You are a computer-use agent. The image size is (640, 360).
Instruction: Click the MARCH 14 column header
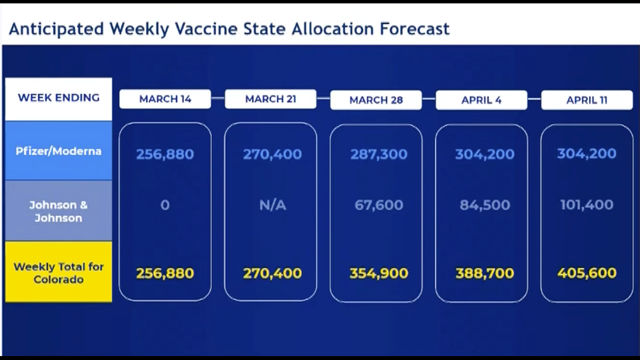click(x=165, y=99)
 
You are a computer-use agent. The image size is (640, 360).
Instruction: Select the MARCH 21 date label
click(x=270, y=99)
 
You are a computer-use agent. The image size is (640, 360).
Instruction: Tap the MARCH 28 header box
click(x=376, y=100)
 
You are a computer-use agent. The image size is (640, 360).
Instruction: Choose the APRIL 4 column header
click(x=481, y=100)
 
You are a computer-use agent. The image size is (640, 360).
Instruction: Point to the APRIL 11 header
click(x=587, y=100)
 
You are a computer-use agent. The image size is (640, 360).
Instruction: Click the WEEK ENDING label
click(x=59, y=98)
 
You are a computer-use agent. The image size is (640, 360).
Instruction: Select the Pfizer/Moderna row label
click(x=58, y=152)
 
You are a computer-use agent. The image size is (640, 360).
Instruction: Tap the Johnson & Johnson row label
click(x=58, y=211)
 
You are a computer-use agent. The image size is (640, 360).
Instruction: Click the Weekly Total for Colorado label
click(x=58, y=273)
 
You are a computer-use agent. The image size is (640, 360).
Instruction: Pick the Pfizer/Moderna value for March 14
click(x=165, y=154)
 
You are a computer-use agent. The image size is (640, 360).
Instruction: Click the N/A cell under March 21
click(x=273, y=205)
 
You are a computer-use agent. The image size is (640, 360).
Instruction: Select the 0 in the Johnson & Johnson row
click(x=165, y=205)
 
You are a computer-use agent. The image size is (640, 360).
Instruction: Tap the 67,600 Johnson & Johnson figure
click(x=379, y=205)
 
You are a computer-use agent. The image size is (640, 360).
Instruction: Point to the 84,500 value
click(x=485, y=205)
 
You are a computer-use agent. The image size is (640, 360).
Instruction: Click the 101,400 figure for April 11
click(x=587, y=204)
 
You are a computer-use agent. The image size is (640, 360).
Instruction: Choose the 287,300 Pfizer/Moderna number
click(x=379, y=154)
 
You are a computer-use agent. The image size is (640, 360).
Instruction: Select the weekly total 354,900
click(x=379, y=274)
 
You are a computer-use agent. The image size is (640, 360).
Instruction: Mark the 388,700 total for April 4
click(x=485, y=274)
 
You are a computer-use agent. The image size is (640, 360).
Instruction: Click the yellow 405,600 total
click(x=587, y=273)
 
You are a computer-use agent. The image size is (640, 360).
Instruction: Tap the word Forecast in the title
click(x=415, y=29)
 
